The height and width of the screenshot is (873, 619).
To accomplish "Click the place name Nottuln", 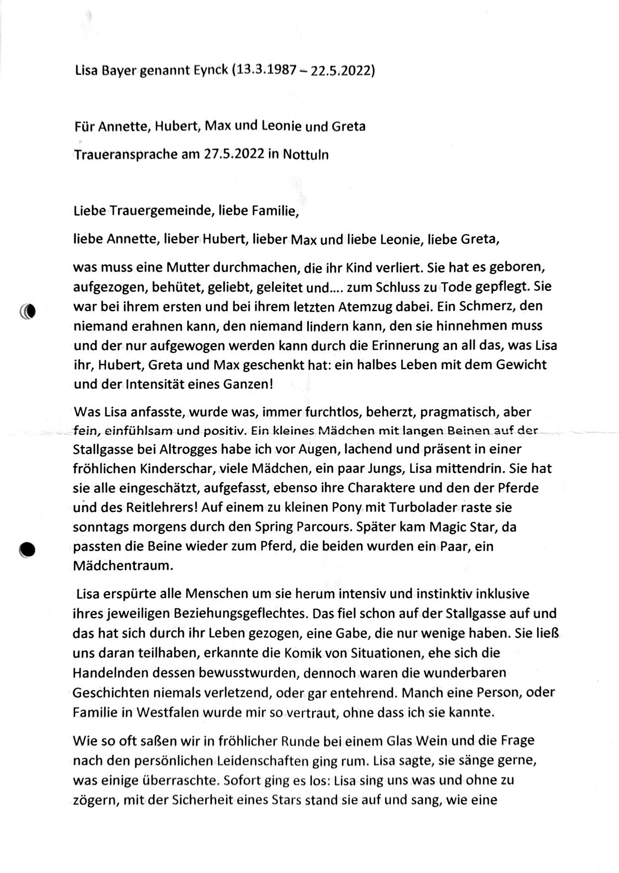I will pyautogui.click(x=306, y=155).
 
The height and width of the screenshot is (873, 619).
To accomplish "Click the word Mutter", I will pyautogui.click(x=187, y=267).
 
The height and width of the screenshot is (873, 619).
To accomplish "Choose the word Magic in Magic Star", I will pyautogui.click(x=448, y=527).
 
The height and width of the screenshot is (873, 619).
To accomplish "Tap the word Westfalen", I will pyautogui.click(x=167, y=712).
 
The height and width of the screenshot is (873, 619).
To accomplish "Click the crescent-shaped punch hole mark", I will pyautogui.click(x=28, y=311).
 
